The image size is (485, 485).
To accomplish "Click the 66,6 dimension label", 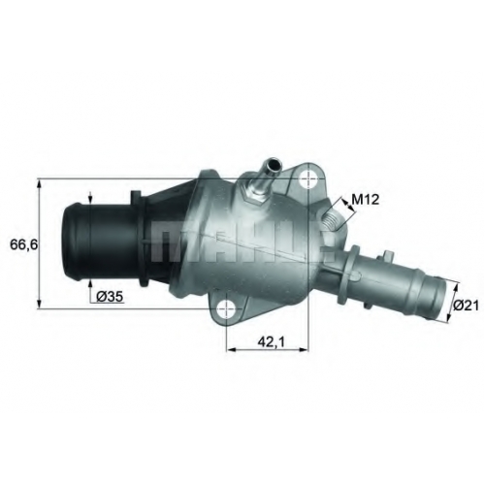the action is (24, 244).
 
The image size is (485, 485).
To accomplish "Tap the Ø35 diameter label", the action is (111, 296).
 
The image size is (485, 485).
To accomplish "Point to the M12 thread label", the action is (365, 200).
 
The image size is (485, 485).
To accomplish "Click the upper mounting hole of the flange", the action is (307, 178).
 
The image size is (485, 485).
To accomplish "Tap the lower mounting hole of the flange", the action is (226, 308).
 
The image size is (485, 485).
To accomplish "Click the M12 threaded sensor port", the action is (331, 221).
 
